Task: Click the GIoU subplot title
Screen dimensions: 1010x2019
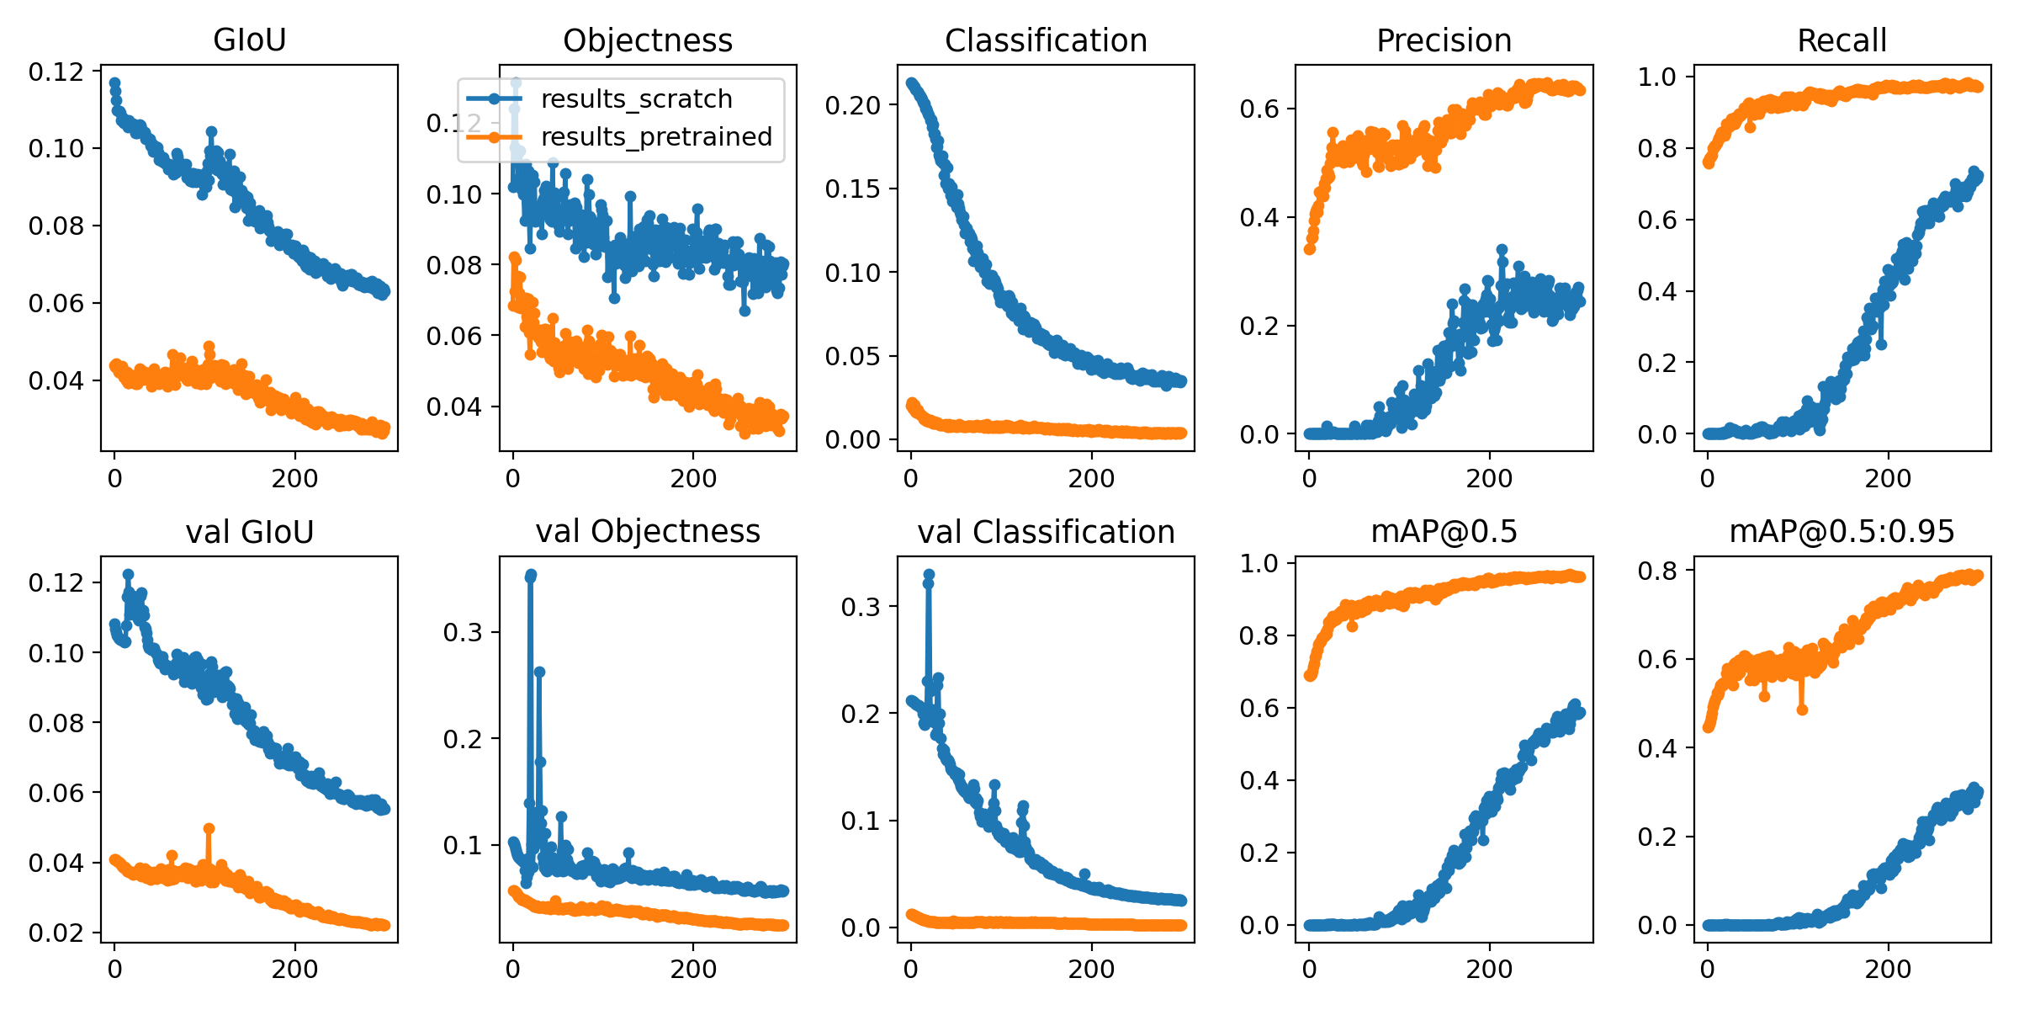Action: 249,40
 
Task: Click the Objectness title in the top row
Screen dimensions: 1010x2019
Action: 647,40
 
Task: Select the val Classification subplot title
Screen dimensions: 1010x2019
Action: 1046,532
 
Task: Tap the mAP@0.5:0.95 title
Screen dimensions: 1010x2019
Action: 1841,532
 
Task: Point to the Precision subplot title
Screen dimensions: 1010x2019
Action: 1444,40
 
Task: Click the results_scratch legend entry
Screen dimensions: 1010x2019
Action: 636,99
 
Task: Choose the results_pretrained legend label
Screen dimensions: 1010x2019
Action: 656,136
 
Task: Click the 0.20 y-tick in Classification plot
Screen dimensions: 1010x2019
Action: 851,106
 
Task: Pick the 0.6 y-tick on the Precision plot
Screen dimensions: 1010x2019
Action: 1259,109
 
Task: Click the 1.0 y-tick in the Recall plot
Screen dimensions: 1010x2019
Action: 1656,77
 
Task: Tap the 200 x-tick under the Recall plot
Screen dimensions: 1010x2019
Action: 1888,479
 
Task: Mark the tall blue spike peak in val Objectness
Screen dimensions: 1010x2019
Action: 531,575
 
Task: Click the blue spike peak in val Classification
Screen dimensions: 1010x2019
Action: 929,575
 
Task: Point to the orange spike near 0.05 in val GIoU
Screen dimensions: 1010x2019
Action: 209,829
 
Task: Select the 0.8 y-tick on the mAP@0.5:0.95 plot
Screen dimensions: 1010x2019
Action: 1656,571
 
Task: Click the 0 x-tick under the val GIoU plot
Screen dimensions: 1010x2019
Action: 114,970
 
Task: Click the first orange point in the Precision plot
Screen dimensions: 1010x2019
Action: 1310,249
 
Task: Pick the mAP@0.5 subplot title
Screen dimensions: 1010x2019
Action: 1444,532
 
